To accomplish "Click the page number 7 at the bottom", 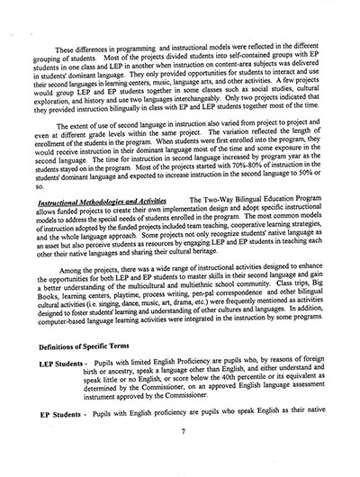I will point(183,456).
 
